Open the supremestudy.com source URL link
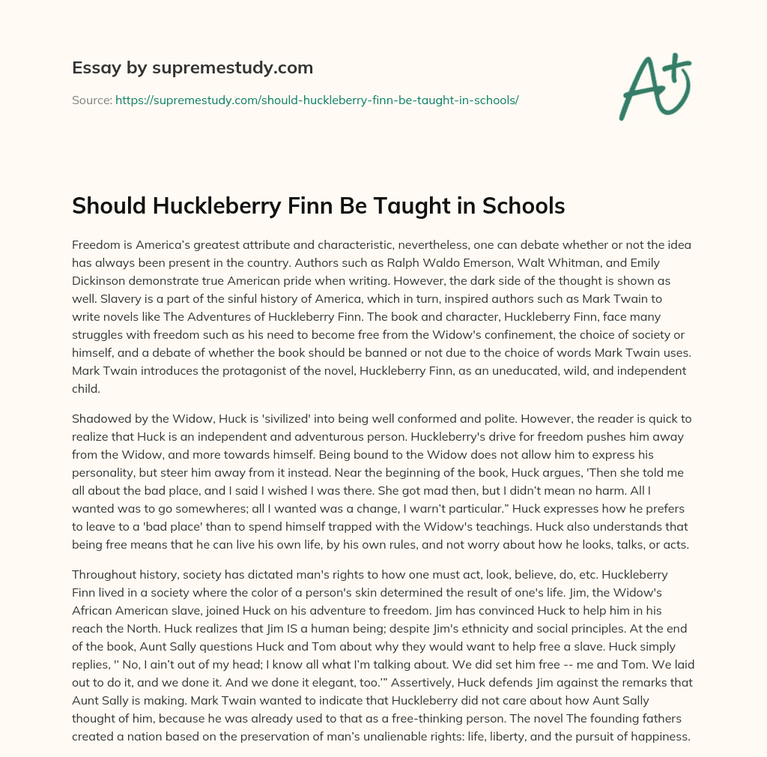click(x=317, y=100)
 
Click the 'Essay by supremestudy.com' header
click(x=192, y=68)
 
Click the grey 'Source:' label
click(x=91, y=100)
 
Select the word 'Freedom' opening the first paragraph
click(x=97, y=245)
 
